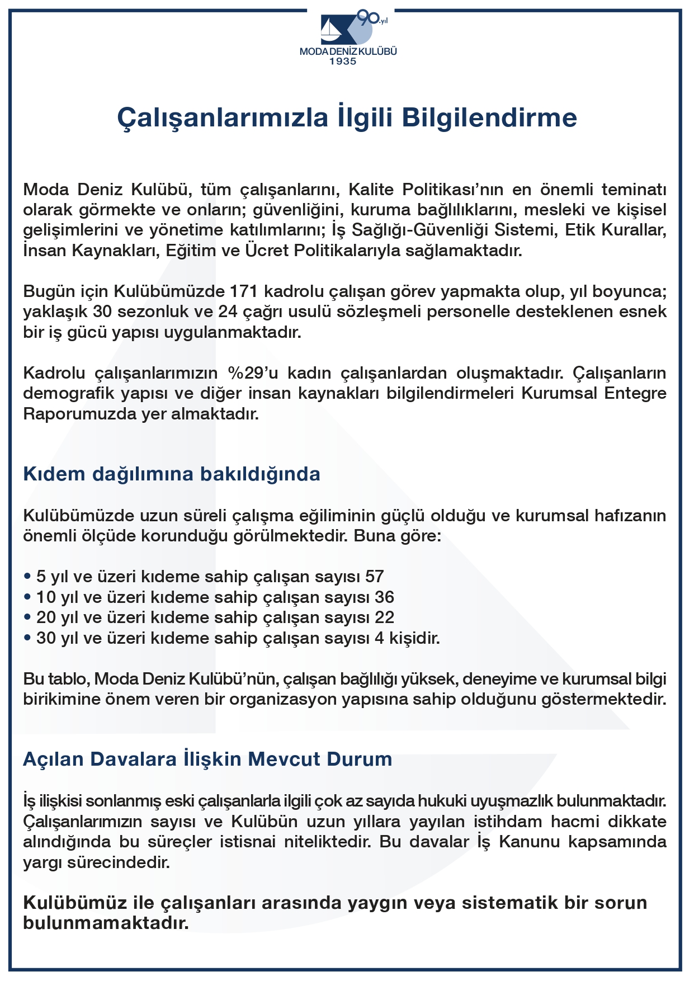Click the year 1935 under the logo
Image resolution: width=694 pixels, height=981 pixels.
pos(342,62)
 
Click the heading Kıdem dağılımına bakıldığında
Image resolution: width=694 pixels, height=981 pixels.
pos(172,474)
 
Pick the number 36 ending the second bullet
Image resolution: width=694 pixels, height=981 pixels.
pos(384,597)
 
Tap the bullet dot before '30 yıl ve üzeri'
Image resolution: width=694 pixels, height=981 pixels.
pos(27,638)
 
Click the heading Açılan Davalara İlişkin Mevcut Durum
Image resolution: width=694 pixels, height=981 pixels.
pos(207,759)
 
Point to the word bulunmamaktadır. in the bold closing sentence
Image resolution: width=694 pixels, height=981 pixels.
pos(106,923)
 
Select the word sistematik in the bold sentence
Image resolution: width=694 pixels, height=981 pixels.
pos(509,903)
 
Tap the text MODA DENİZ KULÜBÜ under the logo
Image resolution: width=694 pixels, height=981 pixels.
pos(348,51)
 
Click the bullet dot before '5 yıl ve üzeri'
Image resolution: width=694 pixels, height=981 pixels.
pos(27,577)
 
